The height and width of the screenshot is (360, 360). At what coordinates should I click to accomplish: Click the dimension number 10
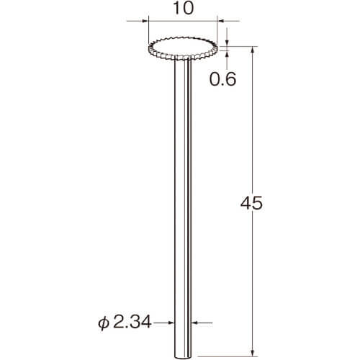click(183, 8)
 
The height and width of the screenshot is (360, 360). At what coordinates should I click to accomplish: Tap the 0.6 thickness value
click(223, 79)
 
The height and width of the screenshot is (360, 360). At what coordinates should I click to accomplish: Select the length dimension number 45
click(251, 203)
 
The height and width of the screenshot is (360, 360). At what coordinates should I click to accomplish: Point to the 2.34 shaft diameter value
click(132, 322)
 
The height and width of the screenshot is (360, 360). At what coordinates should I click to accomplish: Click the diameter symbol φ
click(103, 323)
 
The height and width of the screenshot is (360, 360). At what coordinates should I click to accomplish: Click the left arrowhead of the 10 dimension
click(145, 21)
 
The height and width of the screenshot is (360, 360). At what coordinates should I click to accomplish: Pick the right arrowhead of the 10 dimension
click(220, 21)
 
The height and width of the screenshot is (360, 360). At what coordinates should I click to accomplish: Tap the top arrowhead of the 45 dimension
click(252, 50)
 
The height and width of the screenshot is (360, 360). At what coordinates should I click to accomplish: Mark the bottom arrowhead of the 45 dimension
click(252, 353)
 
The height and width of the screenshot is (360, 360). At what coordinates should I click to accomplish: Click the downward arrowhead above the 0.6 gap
click(227, 42)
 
